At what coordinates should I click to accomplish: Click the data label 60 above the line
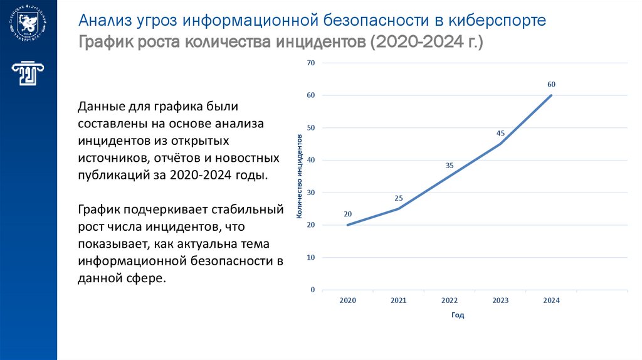click(x=551, y=84)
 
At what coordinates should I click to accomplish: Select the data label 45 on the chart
click(x=500, y=133)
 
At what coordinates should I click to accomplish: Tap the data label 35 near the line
click(x=450, y=166)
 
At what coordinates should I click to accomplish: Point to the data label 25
click(x=399, y=198)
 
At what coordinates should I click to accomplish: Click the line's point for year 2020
click(x=348, y=225)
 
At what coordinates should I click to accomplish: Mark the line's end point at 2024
click(x=551, y=95)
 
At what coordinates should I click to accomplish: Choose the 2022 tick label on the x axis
click(x=450, y=300)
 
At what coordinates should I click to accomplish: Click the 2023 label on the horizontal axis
click(x=500, y=300)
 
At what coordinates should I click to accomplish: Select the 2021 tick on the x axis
click(x=399, y=300)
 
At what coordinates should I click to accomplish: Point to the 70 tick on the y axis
click(x=310, y=63)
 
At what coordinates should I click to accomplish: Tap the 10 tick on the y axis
click(x=310, y=258)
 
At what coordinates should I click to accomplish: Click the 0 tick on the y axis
click(x=312, y=290)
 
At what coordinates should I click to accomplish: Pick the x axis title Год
click(x=458, y=315)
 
